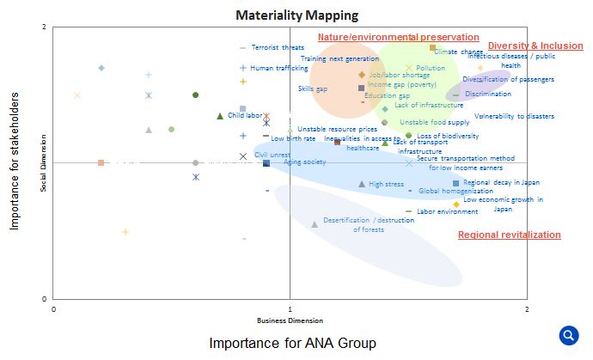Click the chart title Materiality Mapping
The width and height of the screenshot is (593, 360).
(296, 15)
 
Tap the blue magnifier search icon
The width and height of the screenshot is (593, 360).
(568, 335)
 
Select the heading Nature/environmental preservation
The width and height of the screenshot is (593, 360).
(398, 37)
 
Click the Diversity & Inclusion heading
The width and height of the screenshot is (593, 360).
(535, 46)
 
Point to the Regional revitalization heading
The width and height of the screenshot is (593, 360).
(509, 235)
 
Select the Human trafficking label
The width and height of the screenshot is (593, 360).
(279, 68)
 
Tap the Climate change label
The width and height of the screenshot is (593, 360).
(458, 52)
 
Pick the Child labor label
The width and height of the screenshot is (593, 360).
(244, 115)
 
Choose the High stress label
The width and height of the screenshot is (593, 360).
(386, 184)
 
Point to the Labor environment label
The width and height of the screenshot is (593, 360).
(447, 211)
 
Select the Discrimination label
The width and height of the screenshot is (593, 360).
(487, 94)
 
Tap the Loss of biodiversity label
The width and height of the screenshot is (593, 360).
(448, 136)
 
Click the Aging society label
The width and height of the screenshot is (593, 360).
(304, 162)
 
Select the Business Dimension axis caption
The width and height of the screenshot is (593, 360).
(290, 320)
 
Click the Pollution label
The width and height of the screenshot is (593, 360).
(430, 68)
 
